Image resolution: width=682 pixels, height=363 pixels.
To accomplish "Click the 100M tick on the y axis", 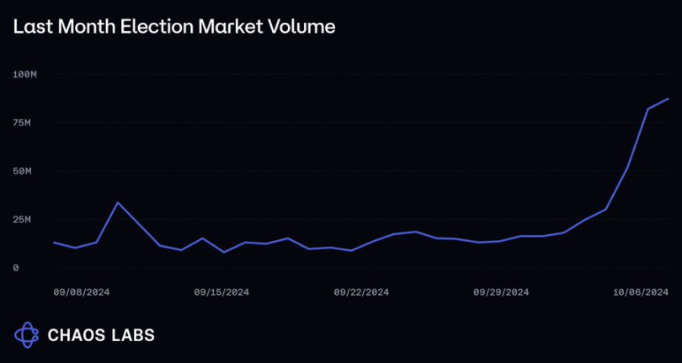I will pyautogui.click(x=25, y=75).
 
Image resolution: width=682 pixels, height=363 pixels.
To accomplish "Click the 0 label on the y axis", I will pyautogui.click(x=16, y=268).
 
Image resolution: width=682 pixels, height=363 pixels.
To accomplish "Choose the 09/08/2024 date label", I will pyautogui.click(x=82, y=292).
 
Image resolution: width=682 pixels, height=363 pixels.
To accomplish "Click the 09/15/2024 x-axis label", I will pyautogui.click(x=221, y=292).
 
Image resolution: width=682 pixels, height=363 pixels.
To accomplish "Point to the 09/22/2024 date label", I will pyautogui.click(x=361, y=292).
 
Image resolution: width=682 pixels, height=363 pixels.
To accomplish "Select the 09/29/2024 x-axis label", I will pyautogui.click(x=501, y=292).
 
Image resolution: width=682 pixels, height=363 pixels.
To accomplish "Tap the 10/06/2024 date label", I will pyautogui.click(x=641, y=292).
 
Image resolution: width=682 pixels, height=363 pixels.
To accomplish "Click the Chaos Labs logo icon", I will pyautogui.click(x=27, y=334).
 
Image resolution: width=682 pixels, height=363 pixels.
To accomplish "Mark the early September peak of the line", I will pyautogui.click(x=118, y=202).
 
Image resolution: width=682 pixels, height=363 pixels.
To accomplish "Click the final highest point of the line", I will pyautogui.click(x=669, y=99).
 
